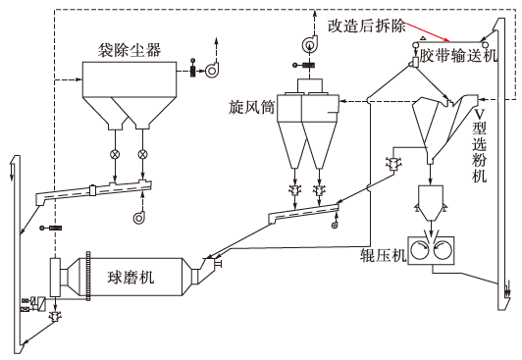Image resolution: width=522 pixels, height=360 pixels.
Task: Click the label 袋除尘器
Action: pos(130,51)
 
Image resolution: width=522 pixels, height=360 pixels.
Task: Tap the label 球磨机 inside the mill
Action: pos(130,278)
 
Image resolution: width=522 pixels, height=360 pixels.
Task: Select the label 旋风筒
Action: pos(251,108)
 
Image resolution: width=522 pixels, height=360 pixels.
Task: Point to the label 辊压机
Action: pos(384,255)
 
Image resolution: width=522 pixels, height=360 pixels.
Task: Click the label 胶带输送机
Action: pos(458,56)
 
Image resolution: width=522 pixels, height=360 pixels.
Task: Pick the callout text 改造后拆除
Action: pos(367,26)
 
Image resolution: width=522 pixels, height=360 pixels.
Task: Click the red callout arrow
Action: pos(428,31)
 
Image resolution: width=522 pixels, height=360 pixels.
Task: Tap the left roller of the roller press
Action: pos(421,251)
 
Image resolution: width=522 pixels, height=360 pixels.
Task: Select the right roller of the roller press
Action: pos(444,251)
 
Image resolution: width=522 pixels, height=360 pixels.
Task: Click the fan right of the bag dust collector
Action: pos(212,71)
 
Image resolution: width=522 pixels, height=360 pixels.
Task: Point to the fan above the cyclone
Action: pos(309,43)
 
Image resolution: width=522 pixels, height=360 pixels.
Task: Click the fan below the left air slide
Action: pos(139,217)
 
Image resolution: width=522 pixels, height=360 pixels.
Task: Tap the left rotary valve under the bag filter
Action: pos(115,154)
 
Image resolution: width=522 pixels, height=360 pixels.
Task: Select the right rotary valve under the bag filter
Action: pos(143,154)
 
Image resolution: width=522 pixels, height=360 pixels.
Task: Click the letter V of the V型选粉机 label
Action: pos(479,114)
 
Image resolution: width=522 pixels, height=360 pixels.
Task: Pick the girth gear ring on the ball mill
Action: pos(88,277)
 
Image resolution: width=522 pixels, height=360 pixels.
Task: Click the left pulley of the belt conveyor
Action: pos(415,44)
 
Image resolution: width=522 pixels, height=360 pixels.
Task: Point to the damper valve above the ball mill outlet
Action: pos(52,229)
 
